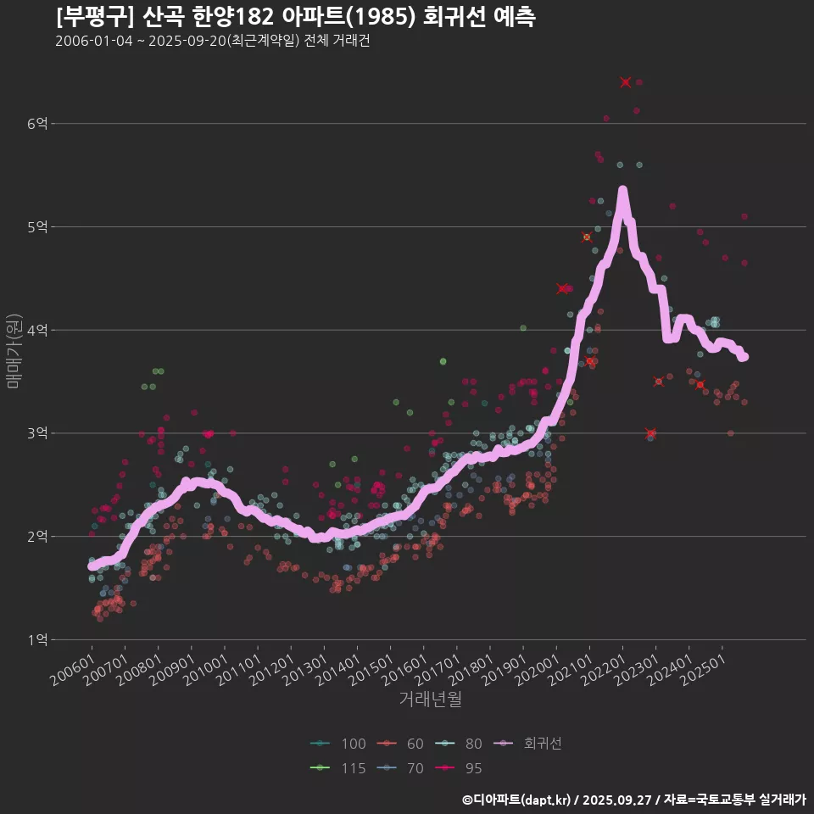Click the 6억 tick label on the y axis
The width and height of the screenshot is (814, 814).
pyautogui.click(x=36, y=124)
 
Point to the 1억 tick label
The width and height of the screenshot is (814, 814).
pyautogui.click(x=36, y=640)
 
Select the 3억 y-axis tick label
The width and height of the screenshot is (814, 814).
pyautogui.click(x=36, y=433)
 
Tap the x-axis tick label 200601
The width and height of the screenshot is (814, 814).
pyautogui.click(x=74, y=669)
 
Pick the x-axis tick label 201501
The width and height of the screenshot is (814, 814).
pyautogui.click(x=372, y=669)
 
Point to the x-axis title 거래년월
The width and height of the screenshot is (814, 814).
pyautogui.click(x=431, y=700)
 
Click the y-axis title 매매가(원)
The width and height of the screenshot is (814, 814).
pyautogui.click(x=13, y=349)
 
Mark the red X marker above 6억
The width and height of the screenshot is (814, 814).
pyautogui.click(x=626, y=82)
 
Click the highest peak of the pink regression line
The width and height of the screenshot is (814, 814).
pyautogui.click(x=622, y=191)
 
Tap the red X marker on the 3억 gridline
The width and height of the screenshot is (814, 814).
pyautogui.click(x=650, y=433)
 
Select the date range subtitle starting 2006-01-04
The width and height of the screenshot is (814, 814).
pyautogui.click(x=212, y=41)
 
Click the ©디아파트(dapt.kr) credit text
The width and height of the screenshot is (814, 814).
pyautogui.click(x=517, y=800)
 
